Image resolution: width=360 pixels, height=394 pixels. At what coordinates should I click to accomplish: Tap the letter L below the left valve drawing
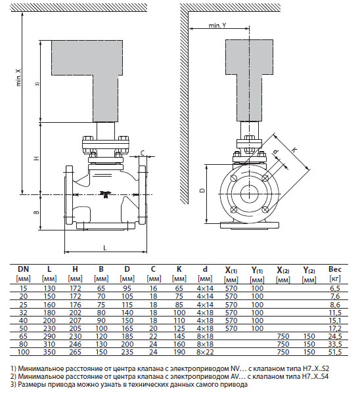tap(106, 247)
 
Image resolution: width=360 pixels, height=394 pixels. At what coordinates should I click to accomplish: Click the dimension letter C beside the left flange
tap(143, 153)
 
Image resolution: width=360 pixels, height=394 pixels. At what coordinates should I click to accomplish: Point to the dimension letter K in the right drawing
tap(293, 150)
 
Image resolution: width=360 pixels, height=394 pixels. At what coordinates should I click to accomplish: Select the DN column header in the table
tap(23, 270)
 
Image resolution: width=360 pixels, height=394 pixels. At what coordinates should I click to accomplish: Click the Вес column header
tap(335, 270)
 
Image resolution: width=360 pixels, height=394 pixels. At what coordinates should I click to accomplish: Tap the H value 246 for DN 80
tap(75, 344)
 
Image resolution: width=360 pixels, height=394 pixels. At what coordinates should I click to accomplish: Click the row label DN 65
tap(23, 336)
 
